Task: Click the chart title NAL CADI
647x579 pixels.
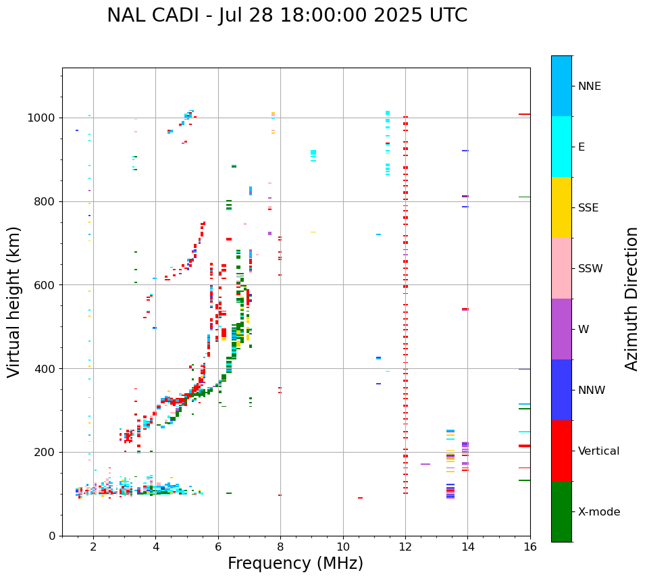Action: pos(287,16)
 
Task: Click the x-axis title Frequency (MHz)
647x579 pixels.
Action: pos(295,563)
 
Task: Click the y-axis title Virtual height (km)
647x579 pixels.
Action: pos(15,302)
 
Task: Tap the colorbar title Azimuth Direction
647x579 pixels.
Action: pos(631,299)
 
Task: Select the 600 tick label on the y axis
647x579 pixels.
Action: pos(46,285)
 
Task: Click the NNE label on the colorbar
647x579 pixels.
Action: pos(589,86)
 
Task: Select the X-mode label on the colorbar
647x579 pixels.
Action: pos(598,512)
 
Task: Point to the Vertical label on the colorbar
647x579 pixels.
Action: pos(598,451)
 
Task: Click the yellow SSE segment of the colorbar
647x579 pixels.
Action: pos(561,207)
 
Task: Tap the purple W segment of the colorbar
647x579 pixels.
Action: pos(561,329)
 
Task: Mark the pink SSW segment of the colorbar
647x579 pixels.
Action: pos(561,268)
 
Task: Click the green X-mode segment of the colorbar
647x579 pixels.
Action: pos(561,511)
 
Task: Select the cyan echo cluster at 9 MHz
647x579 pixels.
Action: pos(313,155)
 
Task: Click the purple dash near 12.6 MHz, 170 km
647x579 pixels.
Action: pos(425,464)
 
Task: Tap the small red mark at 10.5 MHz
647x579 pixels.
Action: pos(360,498)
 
